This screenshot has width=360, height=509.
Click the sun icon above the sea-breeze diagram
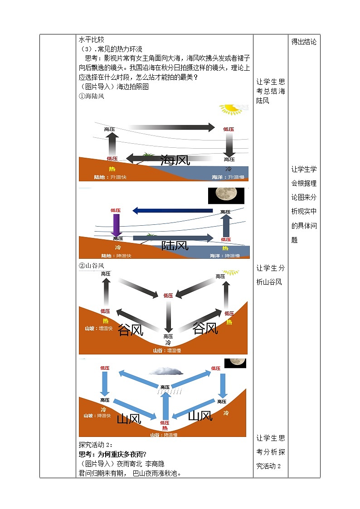click(232, 109)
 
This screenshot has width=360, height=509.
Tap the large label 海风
click(175, 160)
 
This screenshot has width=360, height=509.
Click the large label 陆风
click(175, 246)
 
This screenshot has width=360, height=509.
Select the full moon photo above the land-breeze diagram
click(226, 196)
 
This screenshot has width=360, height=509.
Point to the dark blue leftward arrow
click(172, 210)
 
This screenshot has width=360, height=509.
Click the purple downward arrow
click(116, 224)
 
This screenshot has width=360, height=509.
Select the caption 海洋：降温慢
click(225, 256)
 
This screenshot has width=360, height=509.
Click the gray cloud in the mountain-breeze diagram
click(166, 372)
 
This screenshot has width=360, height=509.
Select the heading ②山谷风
click(92, 266)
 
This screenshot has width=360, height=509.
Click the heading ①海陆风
click(92, 96)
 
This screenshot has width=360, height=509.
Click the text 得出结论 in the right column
click(304, 42)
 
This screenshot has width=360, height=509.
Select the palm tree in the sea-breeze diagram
click(148, 156)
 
